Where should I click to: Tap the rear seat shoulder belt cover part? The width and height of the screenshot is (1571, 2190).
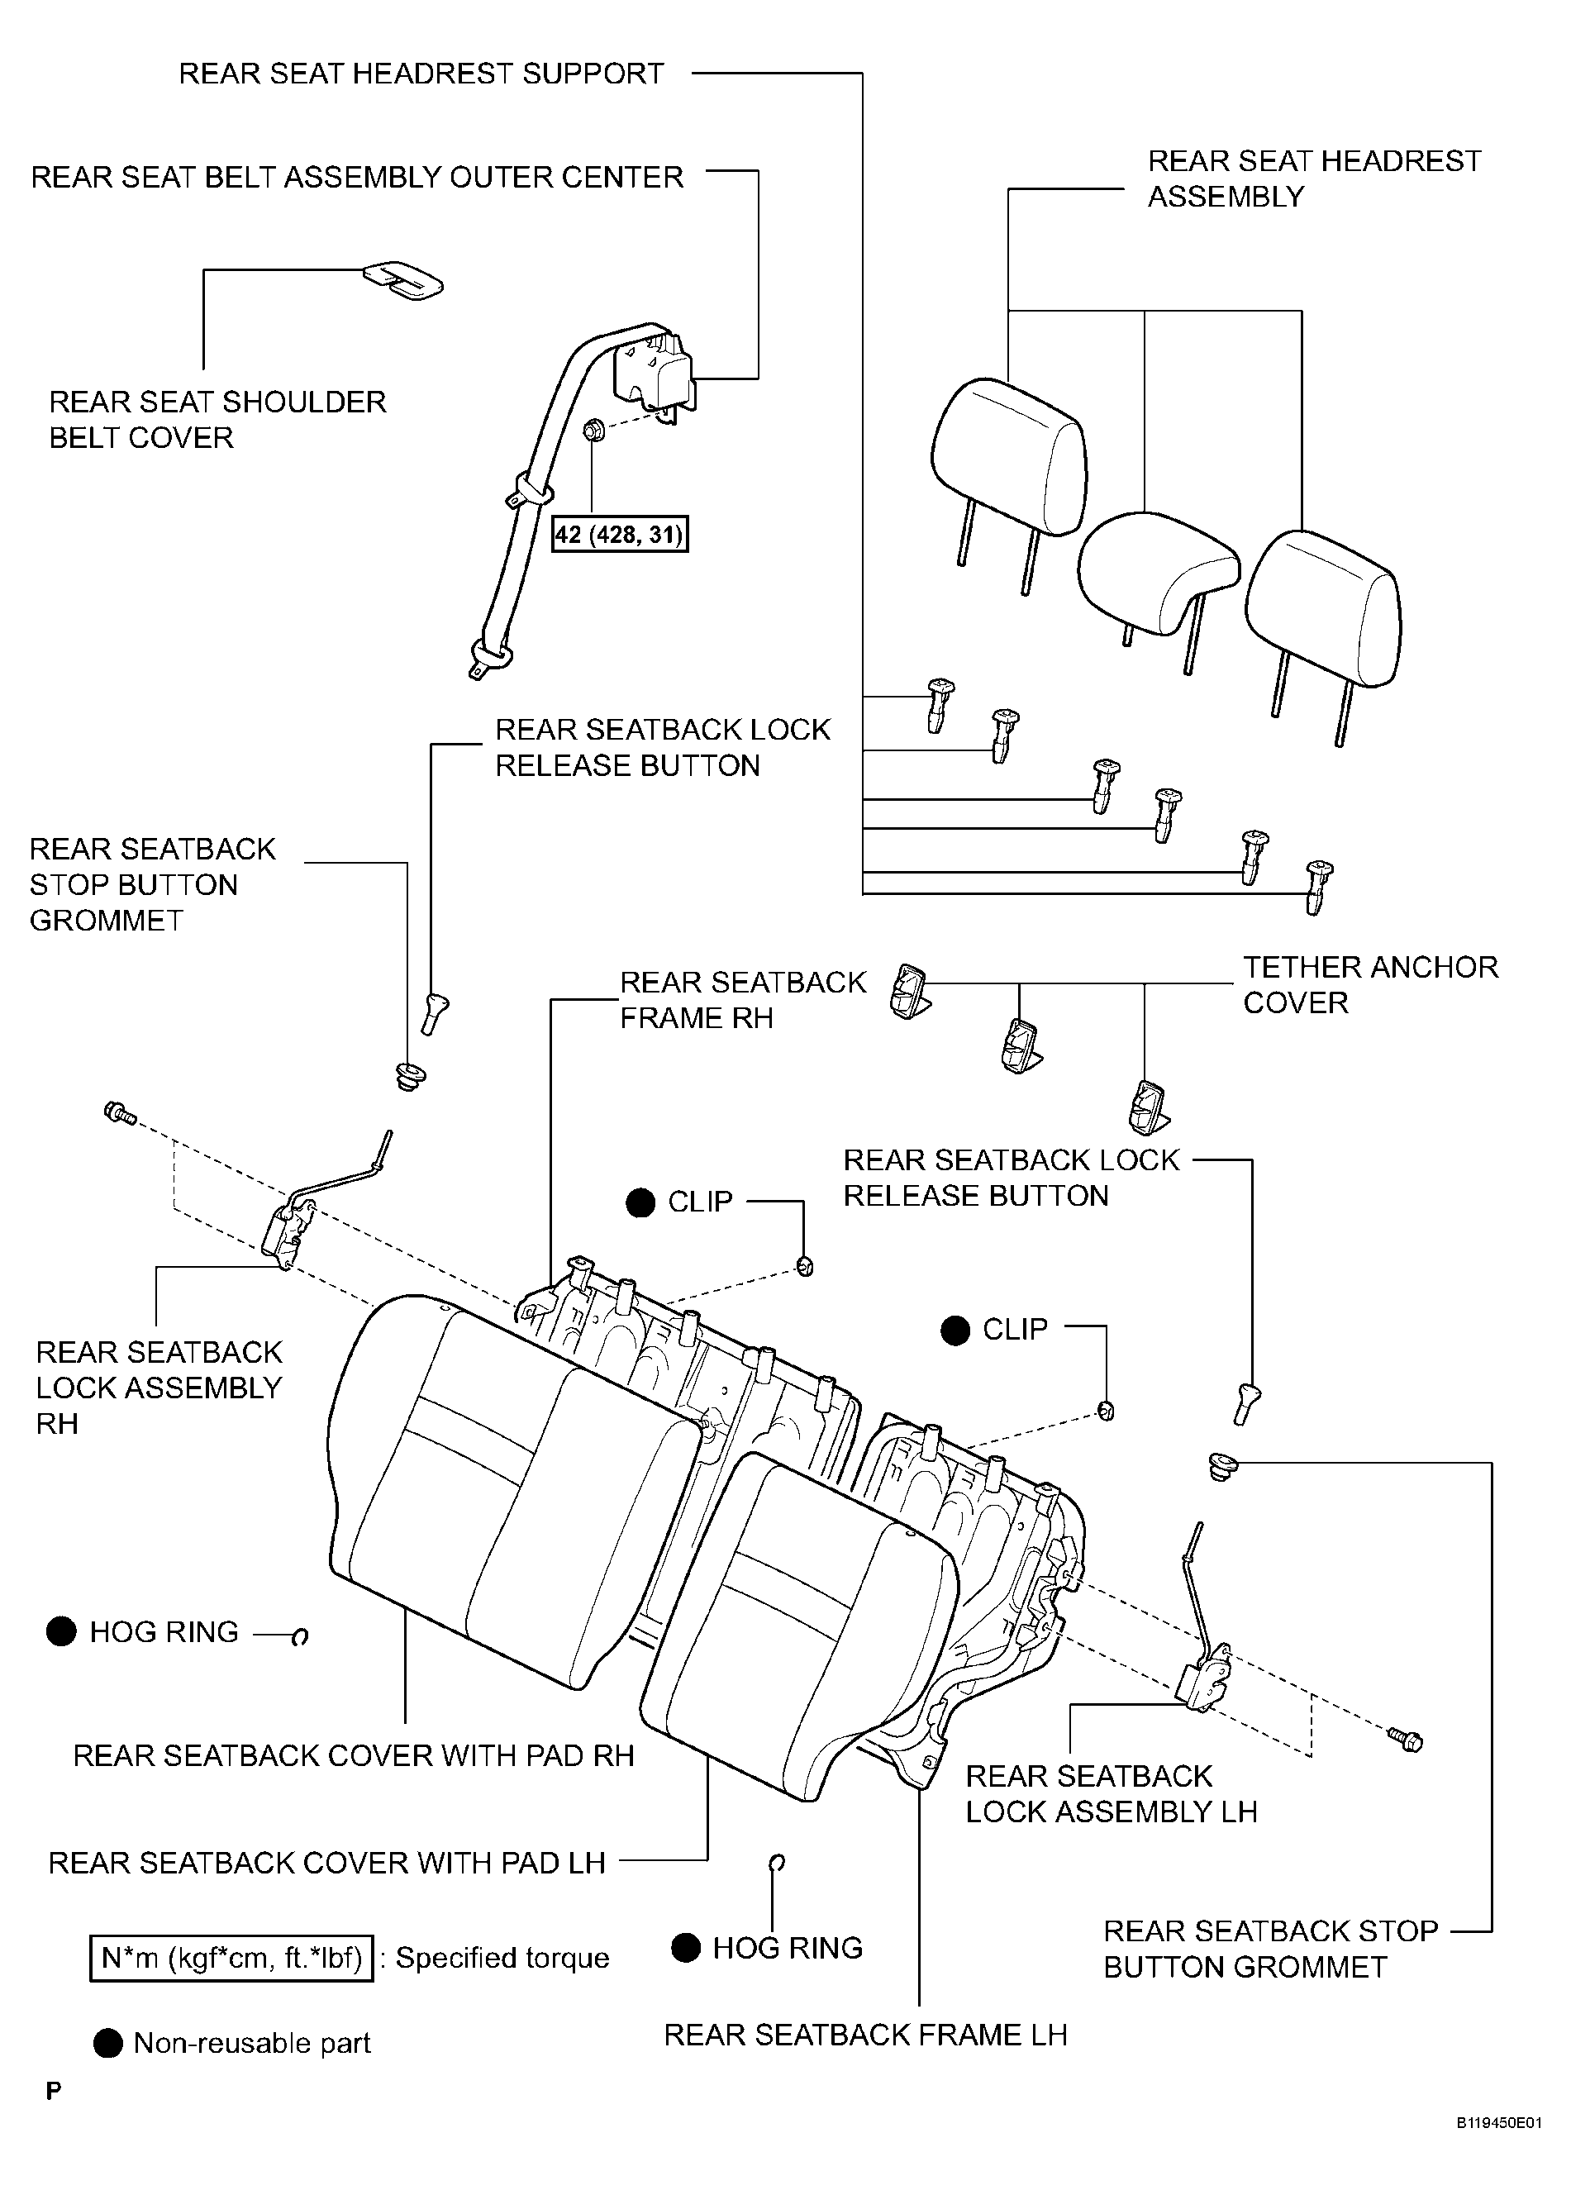(x=402, y=279)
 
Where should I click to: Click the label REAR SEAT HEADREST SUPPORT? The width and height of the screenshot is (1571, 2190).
(x=421, y=74)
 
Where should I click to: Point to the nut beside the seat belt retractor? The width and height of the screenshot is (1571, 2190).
(x=594, y=430)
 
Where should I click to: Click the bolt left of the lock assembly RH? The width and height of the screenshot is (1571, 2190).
(x=120, y=1113)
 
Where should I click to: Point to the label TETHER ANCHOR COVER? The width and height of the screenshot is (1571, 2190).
(x=1370, y=984)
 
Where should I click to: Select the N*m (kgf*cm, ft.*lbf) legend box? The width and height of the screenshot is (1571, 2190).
(x=231, y=1959)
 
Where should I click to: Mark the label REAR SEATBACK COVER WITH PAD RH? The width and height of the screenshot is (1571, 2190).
(x=354, y=1754)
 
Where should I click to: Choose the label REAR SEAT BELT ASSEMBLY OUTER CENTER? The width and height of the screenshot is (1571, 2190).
(x=357, y=177)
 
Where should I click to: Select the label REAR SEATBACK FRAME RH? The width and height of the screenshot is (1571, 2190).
(x=743, y=999)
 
